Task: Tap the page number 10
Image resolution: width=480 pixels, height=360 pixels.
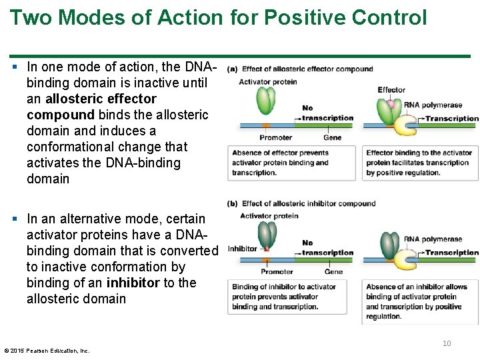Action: click(447, 343)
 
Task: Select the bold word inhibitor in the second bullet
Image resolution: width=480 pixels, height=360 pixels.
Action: click(133, 283)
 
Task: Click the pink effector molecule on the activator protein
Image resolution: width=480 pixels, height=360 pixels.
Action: click(391, 104)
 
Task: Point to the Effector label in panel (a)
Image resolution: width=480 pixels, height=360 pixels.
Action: click(391, 90)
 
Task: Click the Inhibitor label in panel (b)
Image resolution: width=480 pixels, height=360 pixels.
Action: click(242, 249)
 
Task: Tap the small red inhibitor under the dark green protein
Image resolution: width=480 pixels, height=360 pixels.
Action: click(265, 249)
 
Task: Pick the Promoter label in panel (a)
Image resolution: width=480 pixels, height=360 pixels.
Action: click(275, 137)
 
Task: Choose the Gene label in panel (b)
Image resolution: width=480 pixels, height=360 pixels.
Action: click(333, 271)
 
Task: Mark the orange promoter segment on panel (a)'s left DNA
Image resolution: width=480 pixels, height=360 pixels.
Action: click(265, 125)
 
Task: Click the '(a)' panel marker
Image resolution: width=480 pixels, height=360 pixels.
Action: click(233, 69)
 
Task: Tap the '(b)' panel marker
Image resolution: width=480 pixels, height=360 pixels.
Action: click(233, 203)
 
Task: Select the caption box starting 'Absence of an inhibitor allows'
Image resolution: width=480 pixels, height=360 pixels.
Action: click(421, 301)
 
